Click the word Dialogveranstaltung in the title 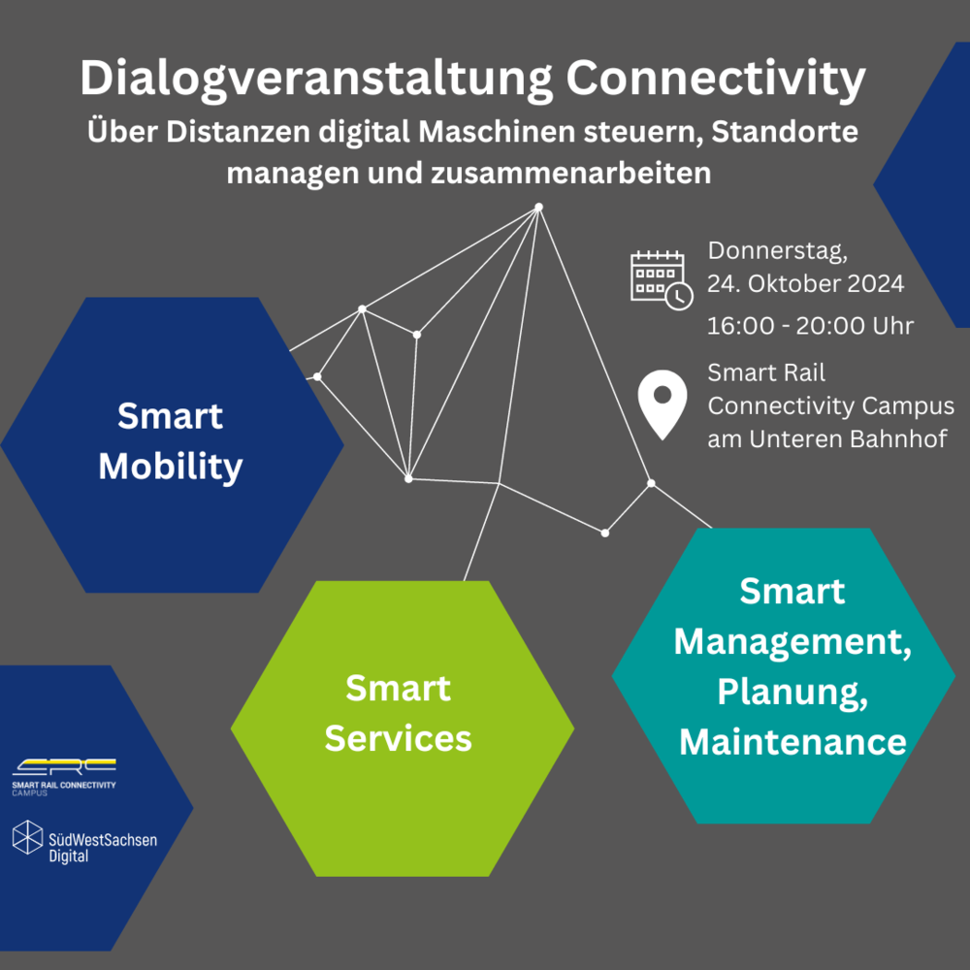pos(316,80)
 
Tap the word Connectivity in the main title pos(716,80)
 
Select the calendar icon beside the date pos(662,280)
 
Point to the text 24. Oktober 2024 pos(805,284)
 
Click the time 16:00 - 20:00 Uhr pos(810,326)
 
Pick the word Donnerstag pos(778,251)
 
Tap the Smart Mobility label pos(170,441)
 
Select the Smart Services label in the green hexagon pos(399,713)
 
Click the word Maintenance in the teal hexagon pos(792,742)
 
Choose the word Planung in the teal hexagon pos(792,692)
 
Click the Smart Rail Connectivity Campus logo pos(64,777)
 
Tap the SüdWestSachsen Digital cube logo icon pos(28,838)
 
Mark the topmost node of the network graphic pos(538,208)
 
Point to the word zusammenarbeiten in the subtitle pos(570,174)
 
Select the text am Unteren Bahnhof pos(827,439)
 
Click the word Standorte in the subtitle pos(785,132)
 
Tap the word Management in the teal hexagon pos(792,641)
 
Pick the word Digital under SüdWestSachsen pos(69,857)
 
